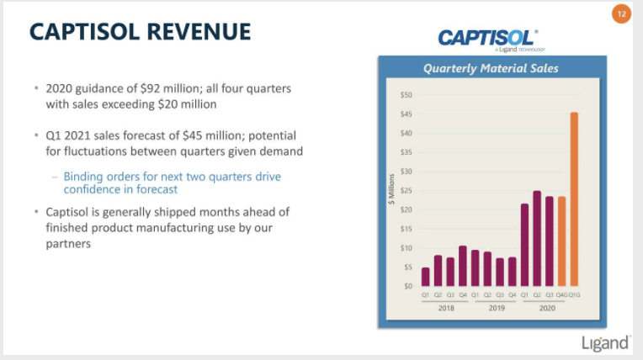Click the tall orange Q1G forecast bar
(574, 199)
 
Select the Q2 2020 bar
(536, 239)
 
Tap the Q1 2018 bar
(425, 277)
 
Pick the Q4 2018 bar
(462, 266)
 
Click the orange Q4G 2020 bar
(561, 241)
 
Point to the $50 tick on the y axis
(406, 95)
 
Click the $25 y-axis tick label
(406, 190)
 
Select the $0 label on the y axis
(407, 286)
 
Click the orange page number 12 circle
(621, 14)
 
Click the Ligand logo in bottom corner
(605, 342)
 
